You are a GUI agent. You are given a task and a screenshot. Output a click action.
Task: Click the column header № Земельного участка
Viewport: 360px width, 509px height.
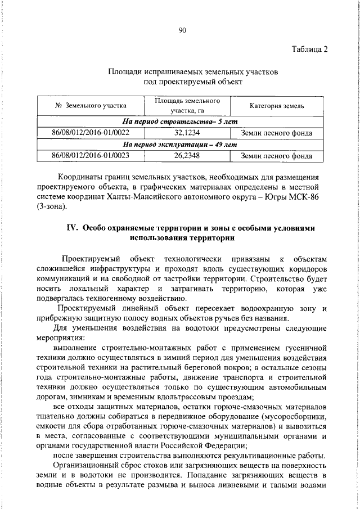91,106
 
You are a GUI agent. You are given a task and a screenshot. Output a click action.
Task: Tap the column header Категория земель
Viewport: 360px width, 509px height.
277,106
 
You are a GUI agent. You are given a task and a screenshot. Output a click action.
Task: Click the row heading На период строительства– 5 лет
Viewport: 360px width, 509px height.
181,121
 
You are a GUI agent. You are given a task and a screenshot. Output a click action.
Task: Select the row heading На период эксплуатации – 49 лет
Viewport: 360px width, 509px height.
181,144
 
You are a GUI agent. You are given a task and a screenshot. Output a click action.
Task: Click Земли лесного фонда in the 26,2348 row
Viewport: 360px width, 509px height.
277,156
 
